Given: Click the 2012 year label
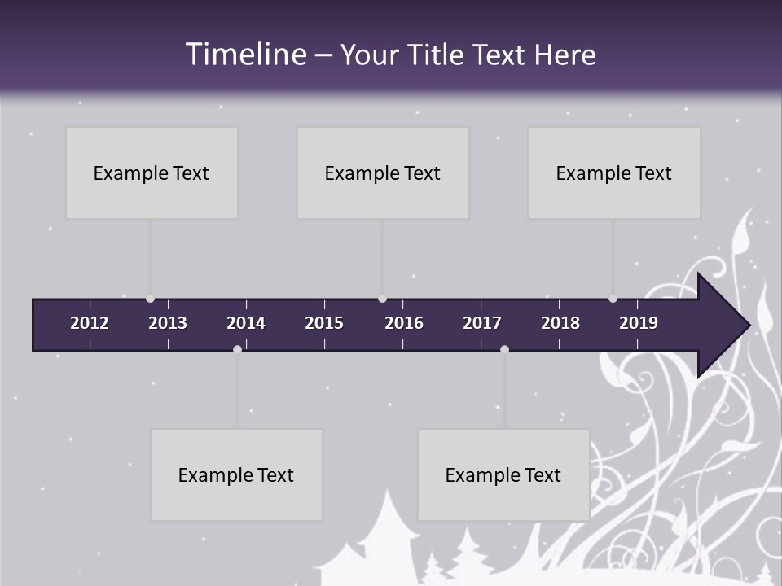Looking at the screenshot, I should [x=90, y=323].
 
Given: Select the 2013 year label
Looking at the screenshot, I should [x=168, y=323].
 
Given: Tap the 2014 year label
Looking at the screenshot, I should [x=246, y=323].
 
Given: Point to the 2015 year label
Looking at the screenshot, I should [x=324, y=323].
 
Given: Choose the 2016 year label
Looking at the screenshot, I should [x=404, y=323].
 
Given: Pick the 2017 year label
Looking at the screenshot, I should [x=482, y=323].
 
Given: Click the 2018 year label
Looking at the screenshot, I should [x=560, y=323].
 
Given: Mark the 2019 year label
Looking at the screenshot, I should [x=639, y=323].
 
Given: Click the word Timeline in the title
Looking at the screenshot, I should [x=246, y=55].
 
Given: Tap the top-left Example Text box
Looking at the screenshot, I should [x=152, y=173].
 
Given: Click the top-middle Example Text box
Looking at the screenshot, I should [x=383, y=173].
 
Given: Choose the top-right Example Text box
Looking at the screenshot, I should [x=614, y=173].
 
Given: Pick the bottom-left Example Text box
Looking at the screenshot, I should [x=236, y=474].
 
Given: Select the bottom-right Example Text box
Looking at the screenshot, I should [x=503, y=474].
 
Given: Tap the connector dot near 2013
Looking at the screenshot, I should [x=150, y=299].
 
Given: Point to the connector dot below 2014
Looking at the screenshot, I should [x=237, y=349].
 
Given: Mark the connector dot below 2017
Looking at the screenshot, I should [x=504, y=349].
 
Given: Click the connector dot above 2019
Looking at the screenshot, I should [x=613, y=299].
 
